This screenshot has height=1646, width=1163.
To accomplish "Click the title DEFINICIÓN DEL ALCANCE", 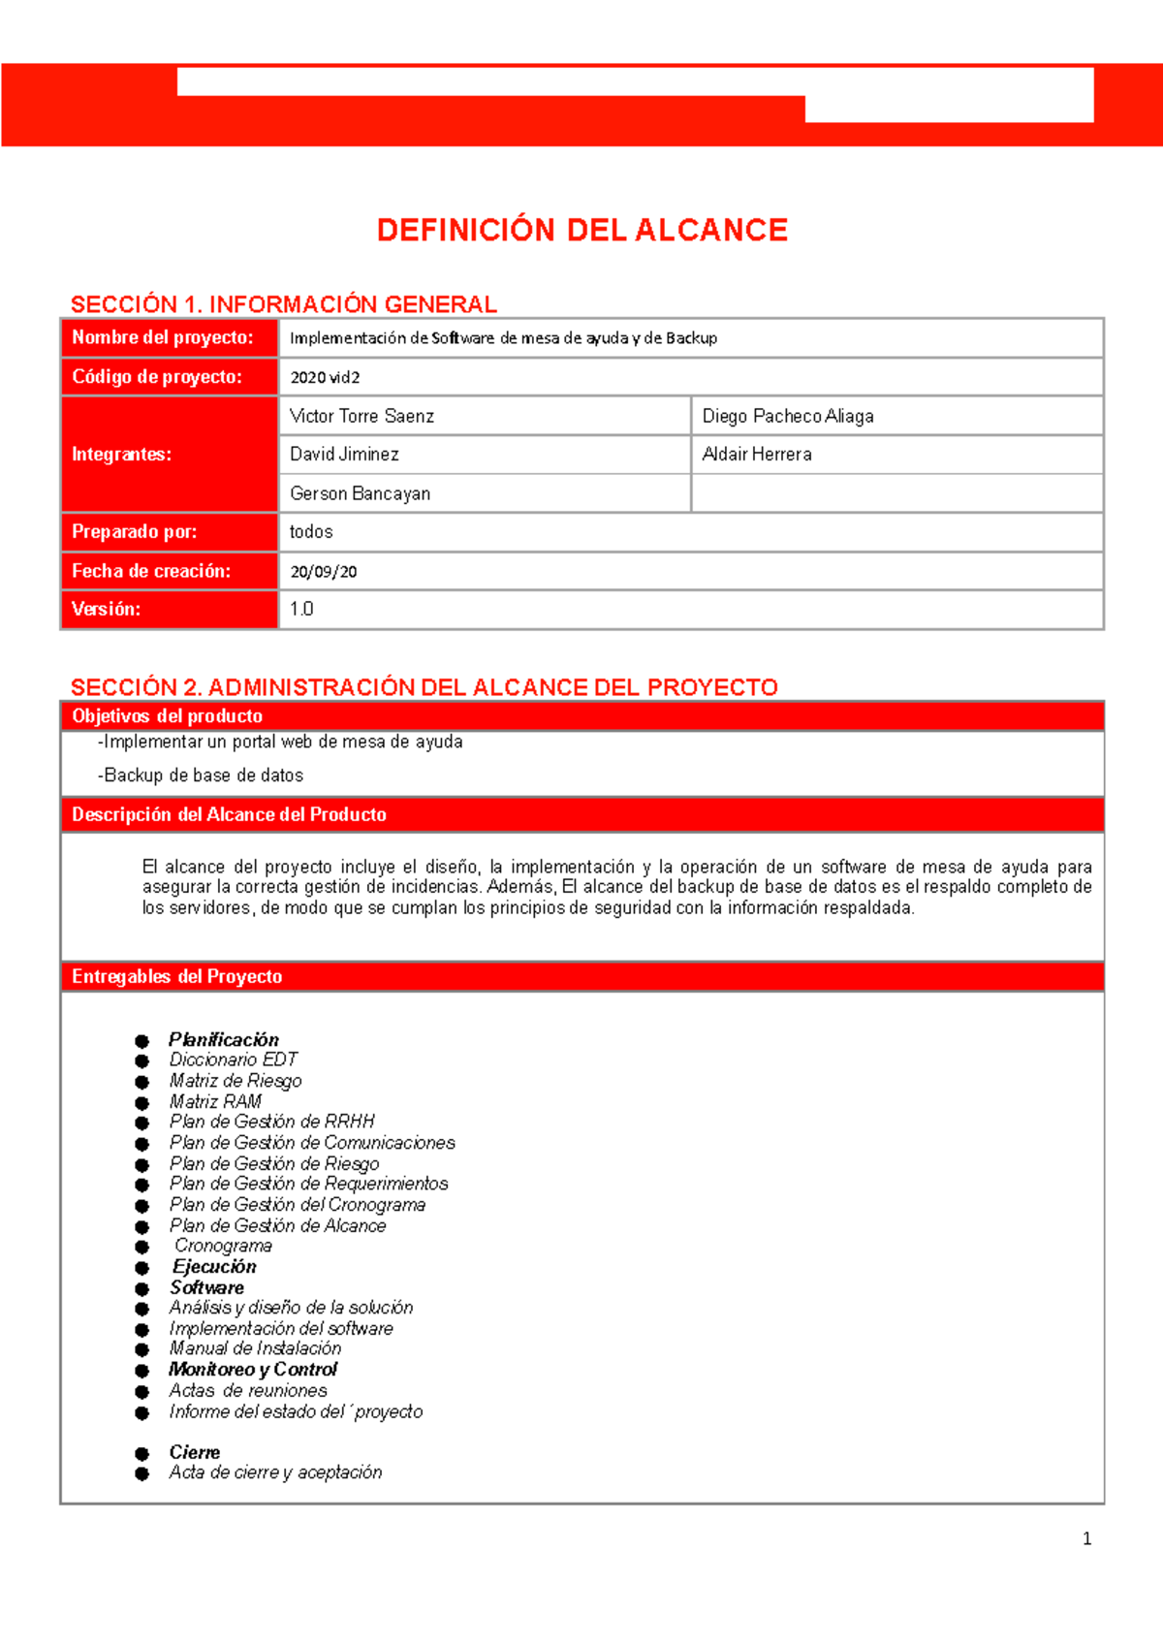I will (581, 231).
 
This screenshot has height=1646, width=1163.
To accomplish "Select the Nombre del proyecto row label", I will (162, 338).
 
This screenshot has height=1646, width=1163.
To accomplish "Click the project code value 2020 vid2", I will (325, 378).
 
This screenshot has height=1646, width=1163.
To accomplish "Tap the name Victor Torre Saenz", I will (361, 417).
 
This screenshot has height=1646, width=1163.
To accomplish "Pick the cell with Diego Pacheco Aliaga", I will (787, 417).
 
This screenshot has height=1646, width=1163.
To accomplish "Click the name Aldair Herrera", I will (756, 455).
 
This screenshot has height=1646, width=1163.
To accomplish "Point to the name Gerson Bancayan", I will (360, 494).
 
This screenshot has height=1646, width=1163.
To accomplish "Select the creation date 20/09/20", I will (323, 572).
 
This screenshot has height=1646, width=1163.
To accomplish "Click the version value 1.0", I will (301, 610).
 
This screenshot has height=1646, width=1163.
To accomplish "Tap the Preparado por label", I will (134, 532).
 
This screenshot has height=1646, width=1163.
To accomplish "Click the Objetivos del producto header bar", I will (581, 716).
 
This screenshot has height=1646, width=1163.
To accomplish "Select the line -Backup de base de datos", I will (201, 776).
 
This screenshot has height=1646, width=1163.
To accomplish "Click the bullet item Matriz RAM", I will (215, 1102).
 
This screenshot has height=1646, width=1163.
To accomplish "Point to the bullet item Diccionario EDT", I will (233, 1060).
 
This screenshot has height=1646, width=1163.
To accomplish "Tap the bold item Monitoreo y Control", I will (253, 1370).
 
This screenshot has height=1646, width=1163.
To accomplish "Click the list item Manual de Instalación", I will (255, 1349).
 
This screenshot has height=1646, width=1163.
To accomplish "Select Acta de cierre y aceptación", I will (275, 1473).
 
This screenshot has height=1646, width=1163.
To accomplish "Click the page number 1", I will (1086, 1539).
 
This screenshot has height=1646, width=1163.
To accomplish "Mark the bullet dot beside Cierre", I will (142, 1454).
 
